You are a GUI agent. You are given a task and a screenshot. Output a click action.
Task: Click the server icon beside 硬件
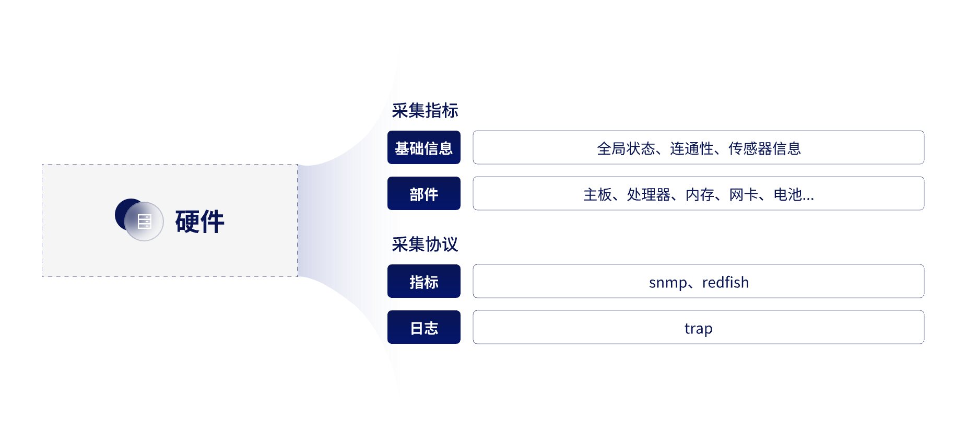(144, 222)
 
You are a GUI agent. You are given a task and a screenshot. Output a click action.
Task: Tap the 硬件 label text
(199, 222)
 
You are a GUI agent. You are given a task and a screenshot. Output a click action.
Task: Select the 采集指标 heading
(425, 111)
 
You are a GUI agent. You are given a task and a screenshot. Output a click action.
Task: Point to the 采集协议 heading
(425, 244)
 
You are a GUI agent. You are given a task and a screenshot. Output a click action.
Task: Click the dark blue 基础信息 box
(424, 147)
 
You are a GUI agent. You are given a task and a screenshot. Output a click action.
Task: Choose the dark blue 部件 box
(424, 193)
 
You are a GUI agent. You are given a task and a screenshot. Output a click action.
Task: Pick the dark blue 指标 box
(424, 281)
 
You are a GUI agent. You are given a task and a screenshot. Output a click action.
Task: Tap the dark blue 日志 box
(424, 327)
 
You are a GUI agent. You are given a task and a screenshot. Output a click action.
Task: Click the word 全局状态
(626, 148)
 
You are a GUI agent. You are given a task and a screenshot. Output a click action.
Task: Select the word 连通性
(691, 148)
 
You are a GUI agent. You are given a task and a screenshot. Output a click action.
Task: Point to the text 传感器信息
(764, 148)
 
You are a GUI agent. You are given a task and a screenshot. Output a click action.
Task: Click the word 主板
(597, 194)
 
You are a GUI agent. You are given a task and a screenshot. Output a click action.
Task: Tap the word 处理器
(649, 194)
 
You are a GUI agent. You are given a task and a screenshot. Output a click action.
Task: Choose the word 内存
(700, 194)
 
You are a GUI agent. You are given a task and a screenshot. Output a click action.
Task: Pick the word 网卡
(744, 194)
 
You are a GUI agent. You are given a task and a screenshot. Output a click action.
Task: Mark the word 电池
(787, 194)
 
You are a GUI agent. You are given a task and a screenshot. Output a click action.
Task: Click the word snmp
(668, 283)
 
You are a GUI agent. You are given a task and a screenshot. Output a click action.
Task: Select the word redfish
(725, 282)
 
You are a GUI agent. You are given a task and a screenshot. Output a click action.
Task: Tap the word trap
(699, 329)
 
